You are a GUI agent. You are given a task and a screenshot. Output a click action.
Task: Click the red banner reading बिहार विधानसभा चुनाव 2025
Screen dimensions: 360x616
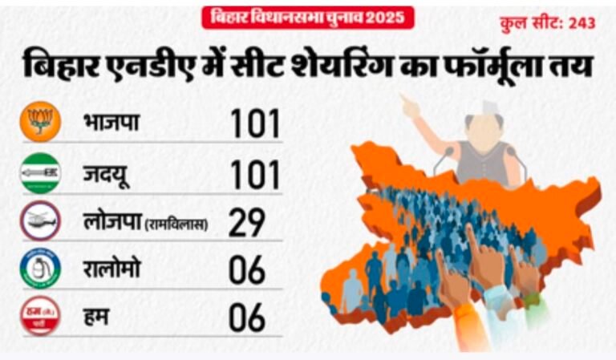point(308,17)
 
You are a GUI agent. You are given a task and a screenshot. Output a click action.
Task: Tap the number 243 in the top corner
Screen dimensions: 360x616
point(582,23)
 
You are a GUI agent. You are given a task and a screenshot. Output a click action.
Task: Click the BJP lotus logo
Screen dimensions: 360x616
point(40,122)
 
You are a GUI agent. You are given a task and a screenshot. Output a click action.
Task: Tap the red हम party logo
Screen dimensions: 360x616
point(40,316)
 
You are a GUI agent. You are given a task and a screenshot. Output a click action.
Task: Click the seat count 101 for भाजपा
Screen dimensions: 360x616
point(254,123)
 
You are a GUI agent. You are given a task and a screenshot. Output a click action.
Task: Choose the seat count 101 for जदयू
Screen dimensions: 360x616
point(254,174)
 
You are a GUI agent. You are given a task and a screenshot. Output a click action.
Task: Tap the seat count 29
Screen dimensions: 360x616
point(246,223)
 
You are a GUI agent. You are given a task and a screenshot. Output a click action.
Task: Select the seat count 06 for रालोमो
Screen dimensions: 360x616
point(246,271)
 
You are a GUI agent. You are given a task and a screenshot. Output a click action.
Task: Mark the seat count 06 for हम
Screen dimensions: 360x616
point(246,318)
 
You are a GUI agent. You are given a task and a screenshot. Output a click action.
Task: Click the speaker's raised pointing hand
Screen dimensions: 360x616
point(410,105)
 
